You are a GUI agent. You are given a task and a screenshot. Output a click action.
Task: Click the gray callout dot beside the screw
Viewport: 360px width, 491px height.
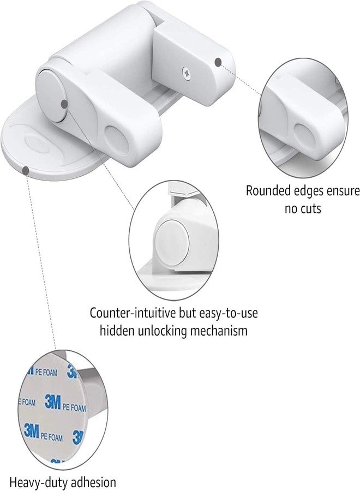[218, 62]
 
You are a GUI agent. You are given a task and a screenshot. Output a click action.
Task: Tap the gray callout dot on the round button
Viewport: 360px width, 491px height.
[64, 104]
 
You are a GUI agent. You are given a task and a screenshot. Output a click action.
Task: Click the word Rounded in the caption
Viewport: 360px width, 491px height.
[268, 191]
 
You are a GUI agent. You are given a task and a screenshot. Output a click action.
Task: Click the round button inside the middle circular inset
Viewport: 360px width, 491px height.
[172, 238]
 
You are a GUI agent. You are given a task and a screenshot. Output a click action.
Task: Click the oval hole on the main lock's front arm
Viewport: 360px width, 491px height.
[116, 139]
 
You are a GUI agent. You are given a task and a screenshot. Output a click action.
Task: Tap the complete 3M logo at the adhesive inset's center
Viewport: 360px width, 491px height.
[52, 402]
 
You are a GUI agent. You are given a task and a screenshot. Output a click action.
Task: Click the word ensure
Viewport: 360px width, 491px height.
[342, 191]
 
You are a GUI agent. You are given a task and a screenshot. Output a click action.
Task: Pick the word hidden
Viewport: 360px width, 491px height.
[117, 331]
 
